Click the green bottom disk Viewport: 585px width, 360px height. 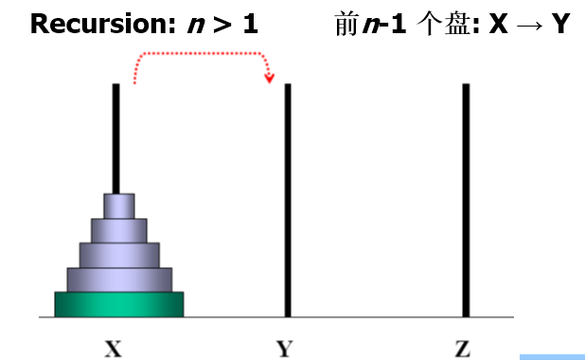click(118, 304)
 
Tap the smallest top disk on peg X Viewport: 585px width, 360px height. click(119, 206)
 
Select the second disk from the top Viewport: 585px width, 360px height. click(119, 230)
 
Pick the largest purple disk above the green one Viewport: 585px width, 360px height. click(119, 279)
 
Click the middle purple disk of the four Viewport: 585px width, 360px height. click(119, 254)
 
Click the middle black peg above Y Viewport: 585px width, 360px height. click(287, 199)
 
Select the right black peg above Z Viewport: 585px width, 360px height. click(466, 199)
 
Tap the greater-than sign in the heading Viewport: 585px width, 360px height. click(224, 25)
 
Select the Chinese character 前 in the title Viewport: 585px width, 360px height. click(346, 24)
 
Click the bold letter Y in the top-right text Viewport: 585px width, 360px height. click(559, 24)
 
